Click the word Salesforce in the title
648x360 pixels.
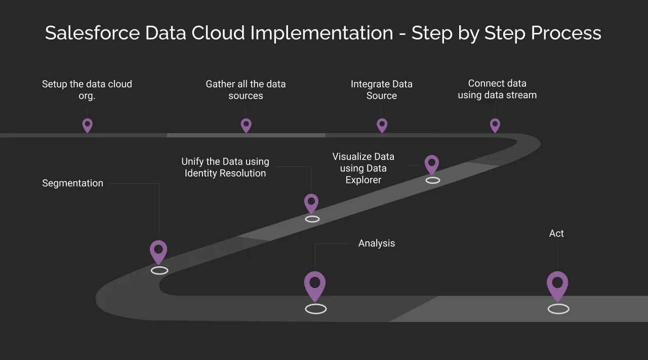pos(92,33)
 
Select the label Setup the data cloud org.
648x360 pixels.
pos(87,90)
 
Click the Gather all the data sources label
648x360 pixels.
pos(246,90)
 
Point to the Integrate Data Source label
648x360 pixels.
pos(382,90)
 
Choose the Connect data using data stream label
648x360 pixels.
pos(497,89)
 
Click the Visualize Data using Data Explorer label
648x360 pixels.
pos(363,168)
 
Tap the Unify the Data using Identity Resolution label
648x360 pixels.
pos(225,167)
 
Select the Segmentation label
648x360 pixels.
pos(72,183)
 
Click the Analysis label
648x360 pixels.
pos(377,244)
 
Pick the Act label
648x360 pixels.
pos(556,233)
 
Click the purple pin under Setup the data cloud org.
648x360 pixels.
pos(88,125)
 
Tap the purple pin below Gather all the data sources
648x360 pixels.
pos(246,125)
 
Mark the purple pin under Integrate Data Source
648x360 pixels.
pos(382,125)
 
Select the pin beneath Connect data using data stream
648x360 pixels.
pos(495,125)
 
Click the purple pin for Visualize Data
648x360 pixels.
pos(432,164)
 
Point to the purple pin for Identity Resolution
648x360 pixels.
pos(311,203)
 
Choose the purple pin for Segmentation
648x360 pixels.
pos(158,251)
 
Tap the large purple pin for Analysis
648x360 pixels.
pos(315,285)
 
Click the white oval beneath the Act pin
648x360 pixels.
pos(558,309)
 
